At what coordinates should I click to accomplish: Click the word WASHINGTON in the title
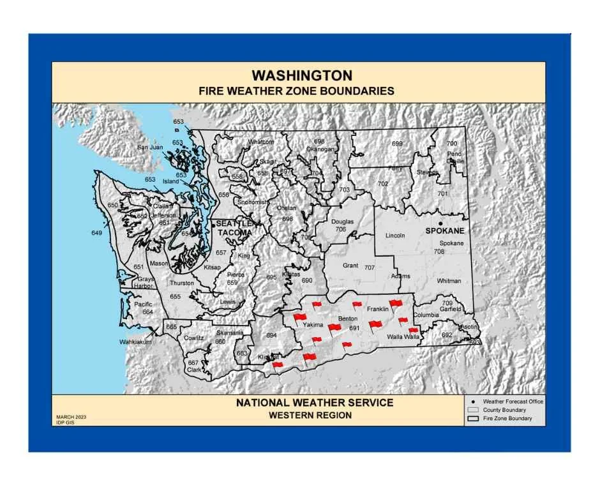click(x=302, y=76)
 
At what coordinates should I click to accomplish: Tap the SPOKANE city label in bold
click(x=445, y=230)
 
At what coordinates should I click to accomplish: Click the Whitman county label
click(x=449, y=281)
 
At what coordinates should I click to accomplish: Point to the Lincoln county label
click(x=395, y=236)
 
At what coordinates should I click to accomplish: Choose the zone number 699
click(x=397, y=144)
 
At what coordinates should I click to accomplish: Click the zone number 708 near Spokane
click(x=439, y=251)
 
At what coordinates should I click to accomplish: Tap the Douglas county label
click(x=342, y=222)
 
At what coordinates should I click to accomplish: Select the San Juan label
click(x=150, y=147)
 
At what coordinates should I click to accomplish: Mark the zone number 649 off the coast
click(x=96, y=233)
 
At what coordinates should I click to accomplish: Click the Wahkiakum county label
click(x=135, y=342)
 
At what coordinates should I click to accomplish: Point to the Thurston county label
click(x=181, y=283)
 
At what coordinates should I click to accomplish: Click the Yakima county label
click(x=313, y=326)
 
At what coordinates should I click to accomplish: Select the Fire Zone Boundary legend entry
click(x=508, y=418)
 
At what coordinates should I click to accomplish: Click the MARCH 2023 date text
click(x=71, y=417)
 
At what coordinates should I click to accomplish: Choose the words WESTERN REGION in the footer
click(x=310, y=415)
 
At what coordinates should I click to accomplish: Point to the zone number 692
click(x=447, y=334)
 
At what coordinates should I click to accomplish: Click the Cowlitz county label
click(x=193, y=338)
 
